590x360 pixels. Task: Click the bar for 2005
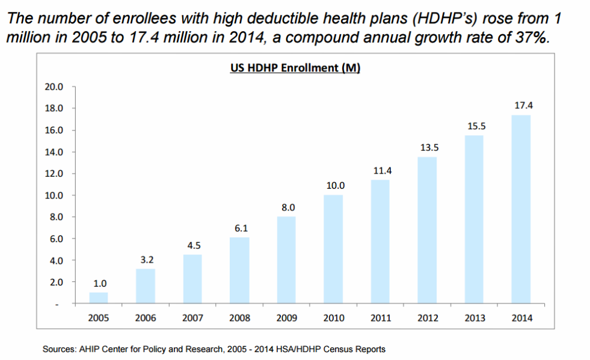[x=99, y=298]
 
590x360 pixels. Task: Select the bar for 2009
[x=286, y=260]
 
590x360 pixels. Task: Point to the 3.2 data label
[x=146, y=260]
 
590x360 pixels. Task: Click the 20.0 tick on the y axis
[x=55, y=87]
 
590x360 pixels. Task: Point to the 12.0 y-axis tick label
[x=55, y=174]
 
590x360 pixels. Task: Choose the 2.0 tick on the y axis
[x=57, y=282]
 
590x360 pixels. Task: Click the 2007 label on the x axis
[x=192, y=317]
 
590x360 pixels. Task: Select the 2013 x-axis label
[x=474, y=317]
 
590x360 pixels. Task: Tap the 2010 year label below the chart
[x=333, y=317]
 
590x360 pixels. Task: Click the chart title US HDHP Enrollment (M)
[x=295, y=68]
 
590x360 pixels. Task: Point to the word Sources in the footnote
[x=58, y=349]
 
